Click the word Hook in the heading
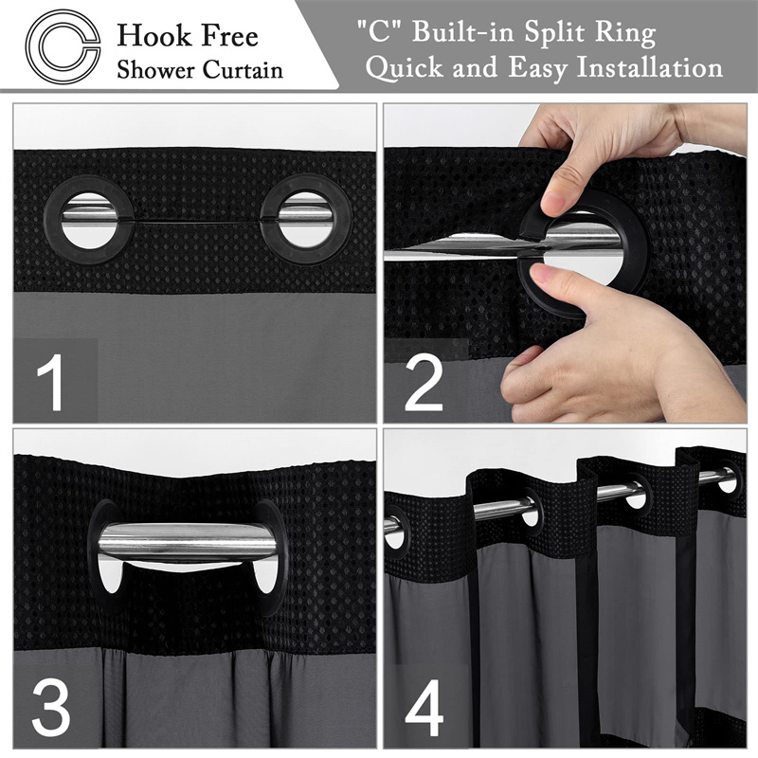pyautogui.click(x=148, y=37)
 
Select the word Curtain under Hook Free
pyautogui.click(x=243, y=69)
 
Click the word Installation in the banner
pyautogui.click(x=650, y=67)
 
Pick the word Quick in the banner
pyautogui.click(x=405, y=68)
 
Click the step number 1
pyautogui.click(x=52, y=383)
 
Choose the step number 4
pyautogui.click(x=424, y=708)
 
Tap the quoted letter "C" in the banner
pyautogui.click(x=380, y=32)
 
